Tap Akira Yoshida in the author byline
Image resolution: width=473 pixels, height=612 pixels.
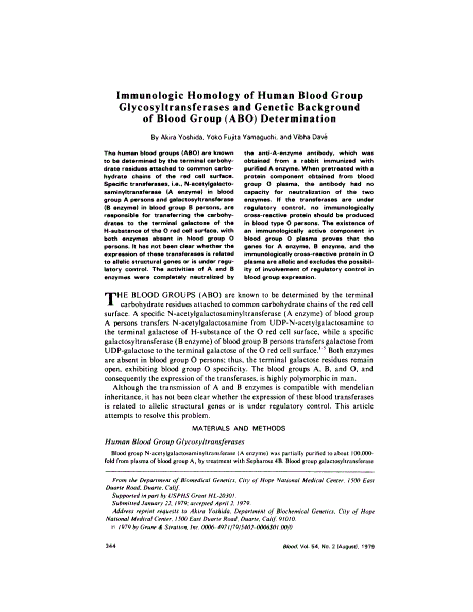point(180,138)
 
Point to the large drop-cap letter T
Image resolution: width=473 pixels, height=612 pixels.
point(110,299)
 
